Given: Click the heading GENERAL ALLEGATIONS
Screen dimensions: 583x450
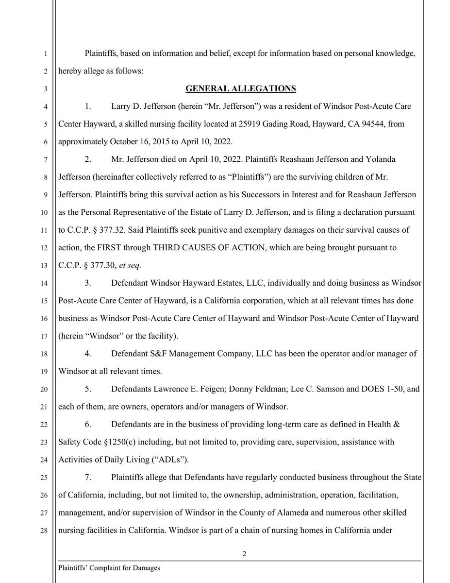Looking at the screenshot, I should pos(241,89).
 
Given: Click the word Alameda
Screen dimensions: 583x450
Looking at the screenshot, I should pos(283,513).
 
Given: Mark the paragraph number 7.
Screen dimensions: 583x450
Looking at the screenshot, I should pos(87,478).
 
